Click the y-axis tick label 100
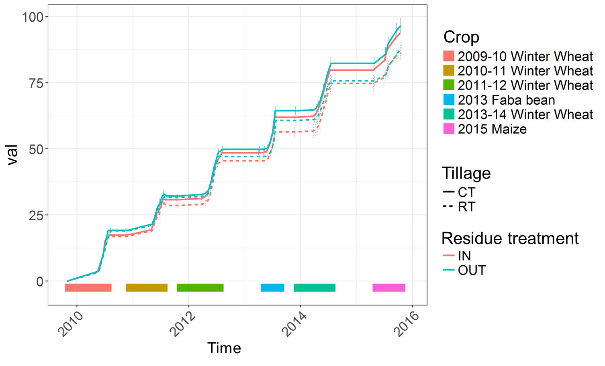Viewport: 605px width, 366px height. [33, 17]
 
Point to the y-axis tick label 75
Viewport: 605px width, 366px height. [36, 83]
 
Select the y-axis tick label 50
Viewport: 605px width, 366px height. [36, 149]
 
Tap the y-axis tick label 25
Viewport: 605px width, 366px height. [36, 216]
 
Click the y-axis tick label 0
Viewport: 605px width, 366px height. [40, 282]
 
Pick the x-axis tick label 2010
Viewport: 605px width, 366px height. [71, 324]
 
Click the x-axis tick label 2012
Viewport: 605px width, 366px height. [183, 324]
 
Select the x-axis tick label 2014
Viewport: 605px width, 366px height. [294, 324]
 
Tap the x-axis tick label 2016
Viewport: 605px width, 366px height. [407, 324]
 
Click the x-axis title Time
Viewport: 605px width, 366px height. [224, 348]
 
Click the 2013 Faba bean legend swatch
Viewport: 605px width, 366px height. [449, 100]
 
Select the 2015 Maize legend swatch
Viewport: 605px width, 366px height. [449, 129]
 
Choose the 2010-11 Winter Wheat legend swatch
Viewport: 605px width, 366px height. [449, 71]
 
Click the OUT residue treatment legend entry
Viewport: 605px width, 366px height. [464, 270]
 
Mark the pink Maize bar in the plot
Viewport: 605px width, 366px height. [388, 287]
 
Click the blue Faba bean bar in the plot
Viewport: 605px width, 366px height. [272, 287]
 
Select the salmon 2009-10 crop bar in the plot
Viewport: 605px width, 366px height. [88, 287]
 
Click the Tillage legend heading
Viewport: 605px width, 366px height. [466, 173]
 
